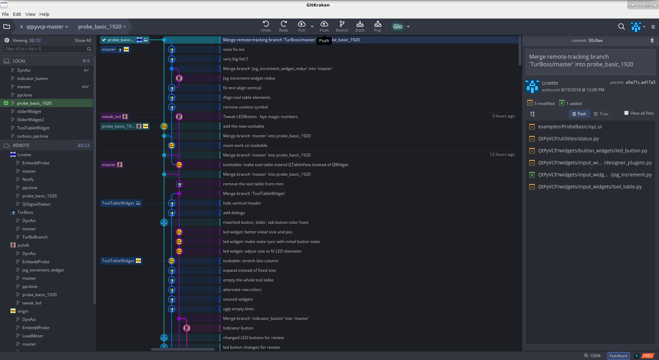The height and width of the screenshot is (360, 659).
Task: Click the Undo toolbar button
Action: tap(266, 26)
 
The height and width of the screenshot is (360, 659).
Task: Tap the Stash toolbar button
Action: tap(360, 26)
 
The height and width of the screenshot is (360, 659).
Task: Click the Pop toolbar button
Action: tap(378, 26)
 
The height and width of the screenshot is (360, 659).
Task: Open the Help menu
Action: tap(44, 14)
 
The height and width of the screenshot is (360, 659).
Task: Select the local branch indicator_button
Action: tap(33, 79)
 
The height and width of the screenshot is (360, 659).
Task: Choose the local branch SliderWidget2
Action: tap(31, 120)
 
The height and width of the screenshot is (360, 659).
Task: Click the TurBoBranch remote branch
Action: tap(35, 237)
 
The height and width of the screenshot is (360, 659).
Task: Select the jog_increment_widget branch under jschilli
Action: tap(43, 270)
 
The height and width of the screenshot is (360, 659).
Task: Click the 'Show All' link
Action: tap(83, 40)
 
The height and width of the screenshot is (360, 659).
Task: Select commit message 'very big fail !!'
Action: tap(235, 59)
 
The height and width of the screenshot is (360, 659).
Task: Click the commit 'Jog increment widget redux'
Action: tap(249, 78)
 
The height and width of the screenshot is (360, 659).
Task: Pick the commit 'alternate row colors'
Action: tap(242, 290)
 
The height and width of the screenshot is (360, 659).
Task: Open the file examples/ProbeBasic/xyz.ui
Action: tap(570, 127)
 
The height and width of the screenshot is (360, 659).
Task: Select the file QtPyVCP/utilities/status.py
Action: tap(568, 139)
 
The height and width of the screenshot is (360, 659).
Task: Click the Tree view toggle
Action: tap(601, 114)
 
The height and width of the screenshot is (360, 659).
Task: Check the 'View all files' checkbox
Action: tap(626, 113)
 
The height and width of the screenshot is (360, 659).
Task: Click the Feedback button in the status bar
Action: tap(618, 356)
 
